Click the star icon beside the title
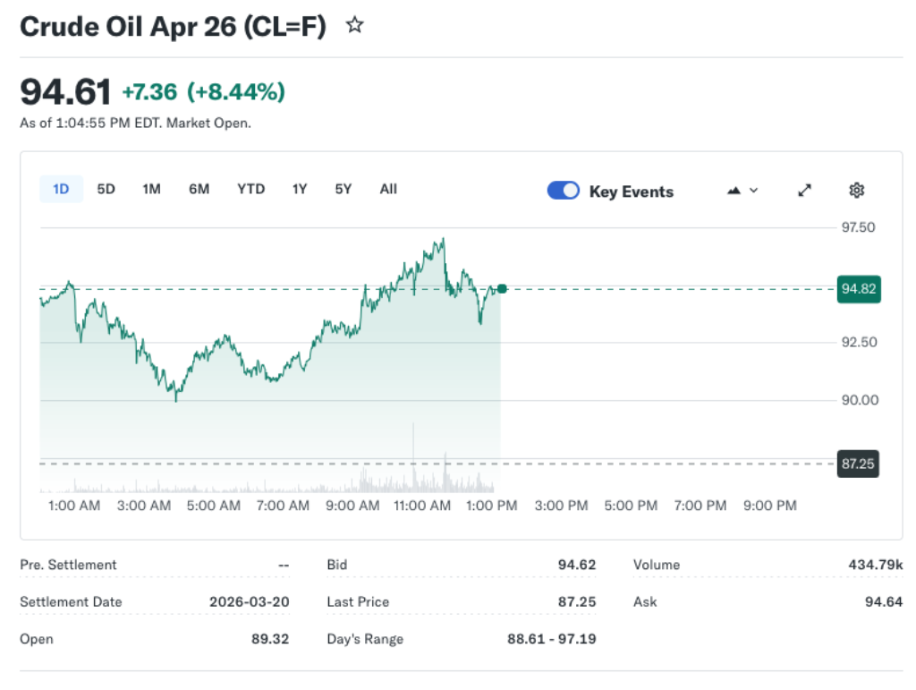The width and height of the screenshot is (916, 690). pyautogui.click(x=355, y=26)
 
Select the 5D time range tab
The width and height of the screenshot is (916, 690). pyautogui.click(x=106, y=189)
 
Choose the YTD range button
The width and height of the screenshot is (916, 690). pyautogui.click(x=250, y=189)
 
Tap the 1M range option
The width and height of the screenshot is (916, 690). pyautogui.click(x=151, y=189)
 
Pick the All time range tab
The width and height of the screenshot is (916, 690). pyautogui.click(x=388, y=189)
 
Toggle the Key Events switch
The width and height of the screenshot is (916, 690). pyautogui.click(x=564, y=191)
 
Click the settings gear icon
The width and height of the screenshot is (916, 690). pyautogui.click(x=856, y=190)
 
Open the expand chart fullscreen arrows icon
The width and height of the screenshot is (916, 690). pyautogui.click(x=804, y=190)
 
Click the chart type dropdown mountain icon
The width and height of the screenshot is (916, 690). pyautogui.click(x=742, y=190)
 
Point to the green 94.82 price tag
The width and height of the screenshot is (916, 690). pyautogui.click(x=858, y=288)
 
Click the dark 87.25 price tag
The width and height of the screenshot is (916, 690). pyautogui.click(x=857, y=464)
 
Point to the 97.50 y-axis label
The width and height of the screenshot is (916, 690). pyautogui.click(x=858, y=227)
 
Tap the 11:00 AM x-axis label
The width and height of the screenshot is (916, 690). pyautogui.click(x=422, y=506)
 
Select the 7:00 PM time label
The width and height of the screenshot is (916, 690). pyautogui.click(x=700, y=506)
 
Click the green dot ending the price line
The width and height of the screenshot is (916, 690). pyautogui.click(x=502, y=288)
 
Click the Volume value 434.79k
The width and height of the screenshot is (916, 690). pyautogui.click(x=875, y=565)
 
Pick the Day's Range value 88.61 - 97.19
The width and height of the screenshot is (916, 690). pyautogui.click(x=551, y=639)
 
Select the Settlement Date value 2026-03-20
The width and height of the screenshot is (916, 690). pyautogui.click(x=249, y=601)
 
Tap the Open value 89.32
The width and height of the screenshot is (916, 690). pyautogui.click(x=270, y=639)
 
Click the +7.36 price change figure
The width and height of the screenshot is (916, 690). pyautogui.click(x=149, y=91)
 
